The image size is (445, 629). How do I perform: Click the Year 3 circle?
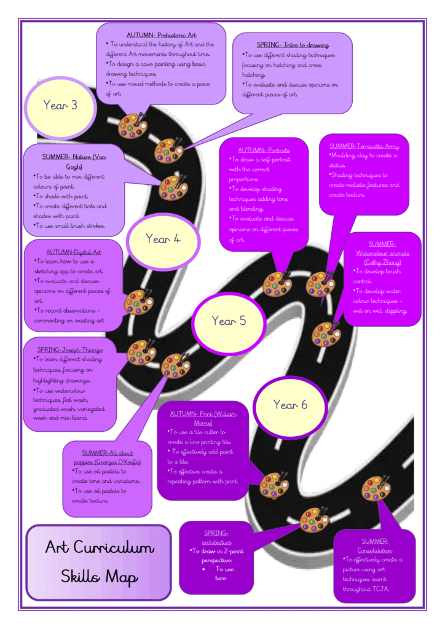coord(60,107)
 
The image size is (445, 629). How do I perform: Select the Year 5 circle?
coord(229,323)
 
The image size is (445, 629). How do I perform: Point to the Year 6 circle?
coord(290,407)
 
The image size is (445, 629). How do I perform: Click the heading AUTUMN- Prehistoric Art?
coord(161,35)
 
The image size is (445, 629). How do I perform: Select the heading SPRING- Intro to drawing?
coord(293,45)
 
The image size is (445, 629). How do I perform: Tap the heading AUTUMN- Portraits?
coord(264,150)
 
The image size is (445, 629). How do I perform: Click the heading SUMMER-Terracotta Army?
coord(364,146)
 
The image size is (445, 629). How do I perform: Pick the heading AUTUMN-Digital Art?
coord(73,252)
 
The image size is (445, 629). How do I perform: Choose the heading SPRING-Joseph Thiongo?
coord(70,350)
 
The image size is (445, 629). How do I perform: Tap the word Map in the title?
coord(122,577)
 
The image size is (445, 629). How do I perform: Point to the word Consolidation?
coord(375,550)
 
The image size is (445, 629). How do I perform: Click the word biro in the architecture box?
coord(221,578)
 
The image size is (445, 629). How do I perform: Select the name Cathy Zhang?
coord(382,262)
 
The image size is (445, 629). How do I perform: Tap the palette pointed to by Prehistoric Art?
coord(132,125)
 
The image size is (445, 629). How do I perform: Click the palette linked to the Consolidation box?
coord(376,488)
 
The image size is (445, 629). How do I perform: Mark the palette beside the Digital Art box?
coord(138,302)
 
